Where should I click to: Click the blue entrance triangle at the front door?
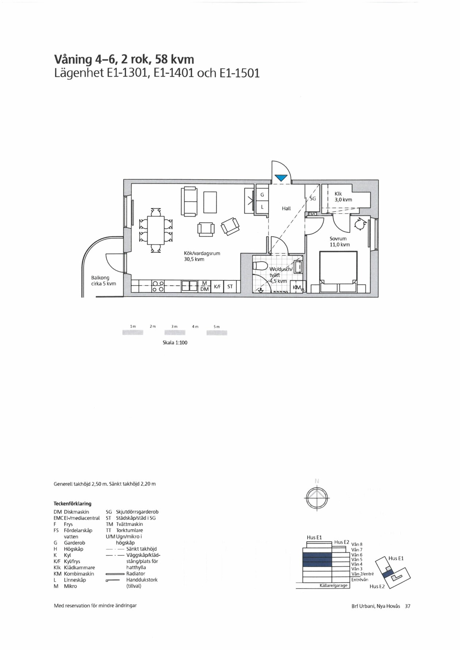click(281, 178)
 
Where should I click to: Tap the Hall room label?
click(286, 209)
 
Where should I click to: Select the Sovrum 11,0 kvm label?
click(340, 241)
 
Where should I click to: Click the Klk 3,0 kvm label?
click(343, 197)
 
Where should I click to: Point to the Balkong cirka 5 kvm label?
click(103, 280)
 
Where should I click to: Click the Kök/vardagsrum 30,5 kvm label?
click(202, 256)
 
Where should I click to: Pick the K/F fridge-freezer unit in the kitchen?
click(217, 287)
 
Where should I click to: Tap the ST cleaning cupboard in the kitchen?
click(230, 287)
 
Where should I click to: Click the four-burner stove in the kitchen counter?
click(158, 286)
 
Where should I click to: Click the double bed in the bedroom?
click(338, 272)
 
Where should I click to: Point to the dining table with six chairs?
click(156, 230)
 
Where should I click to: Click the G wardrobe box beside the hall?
click(262, 195)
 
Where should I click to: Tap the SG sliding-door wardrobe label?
click(313, 199)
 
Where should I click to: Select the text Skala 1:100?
click(175, 343)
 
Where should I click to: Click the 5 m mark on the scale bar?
click(217, 326)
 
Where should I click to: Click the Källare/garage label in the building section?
click(333, 585)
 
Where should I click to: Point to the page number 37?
click(408, 606)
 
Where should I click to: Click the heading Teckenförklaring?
click(72, 504)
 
